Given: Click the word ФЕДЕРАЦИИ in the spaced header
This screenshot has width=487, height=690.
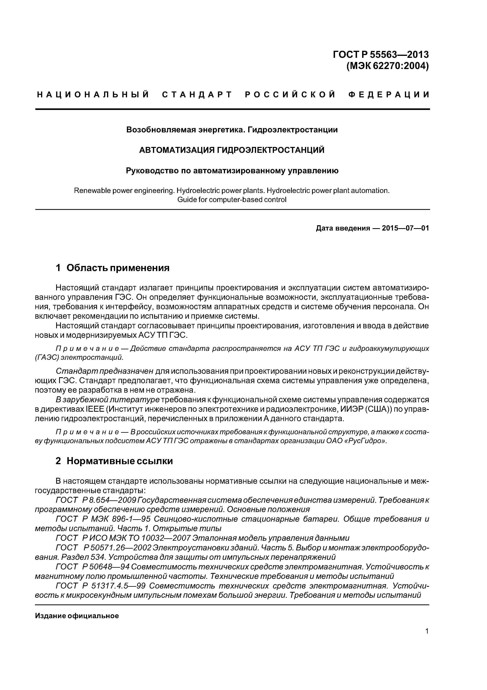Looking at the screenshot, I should point(389,95).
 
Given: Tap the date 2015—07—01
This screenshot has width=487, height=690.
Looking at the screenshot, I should point(405,228).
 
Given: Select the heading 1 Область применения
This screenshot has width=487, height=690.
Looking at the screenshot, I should point(113,268).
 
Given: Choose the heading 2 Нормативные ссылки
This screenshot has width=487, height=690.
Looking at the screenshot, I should point(114,461).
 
